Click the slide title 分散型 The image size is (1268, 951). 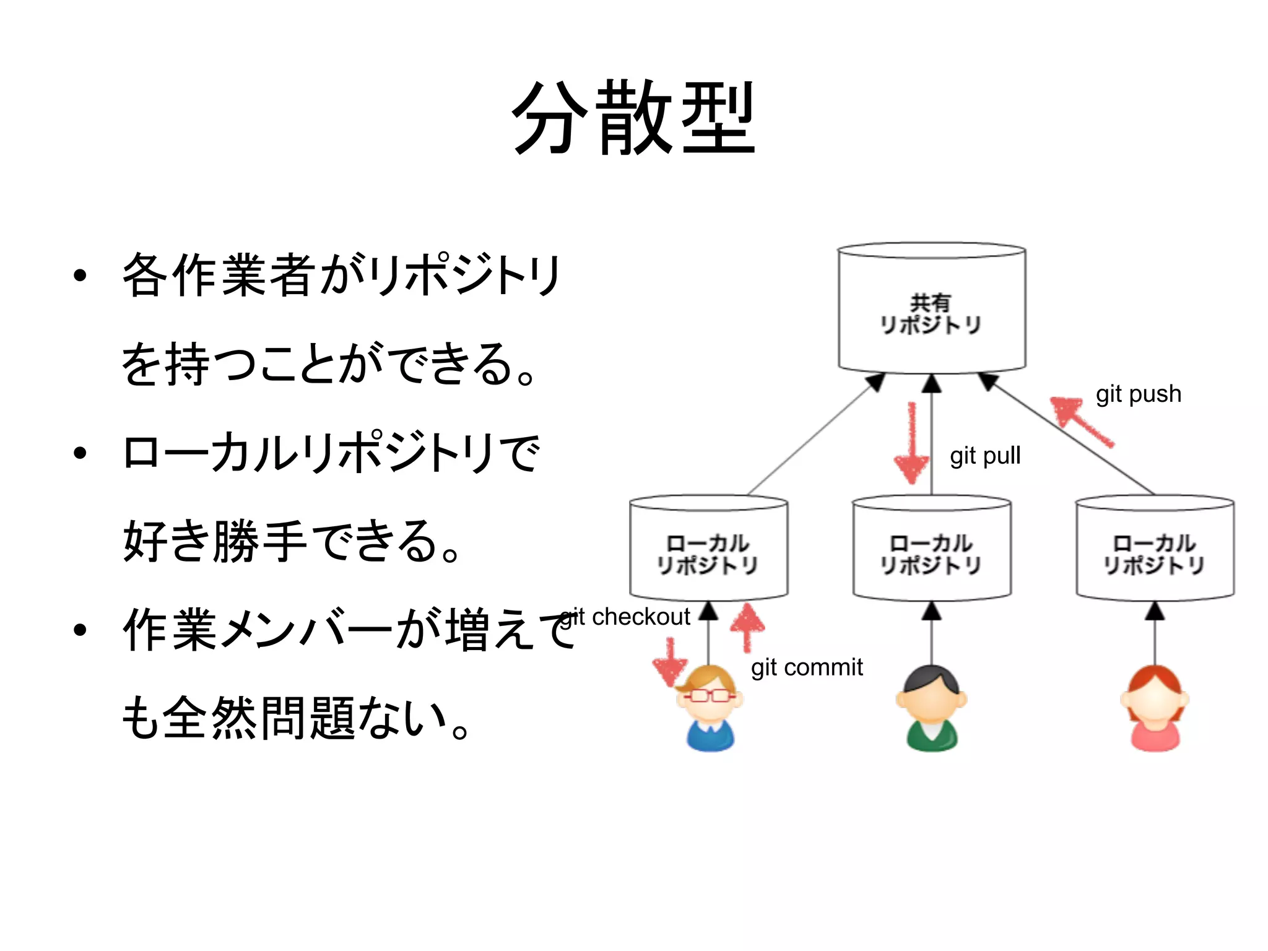pos(633,118)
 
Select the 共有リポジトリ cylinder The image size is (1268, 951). pos(931,310)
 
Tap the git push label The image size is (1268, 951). pos(1138,394)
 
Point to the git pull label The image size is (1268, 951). pos(984,456)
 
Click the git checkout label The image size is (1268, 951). pos(625,617)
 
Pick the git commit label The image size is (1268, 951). pos(806,667)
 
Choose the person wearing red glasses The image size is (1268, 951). pos(710,708)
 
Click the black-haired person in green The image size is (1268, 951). pos(931,708)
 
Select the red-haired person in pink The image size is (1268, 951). pos(1155,708)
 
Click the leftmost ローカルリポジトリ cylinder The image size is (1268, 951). pos(708,550)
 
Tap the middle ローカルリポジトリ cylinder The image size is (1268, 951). pos(931,550)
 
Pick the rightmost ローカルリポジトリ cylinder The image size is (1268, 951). pos(1155,550)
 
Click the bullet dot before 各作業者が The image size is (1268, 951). pos(79,276)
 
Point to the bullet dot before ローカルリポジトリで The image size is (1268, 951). pos(79,453)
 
